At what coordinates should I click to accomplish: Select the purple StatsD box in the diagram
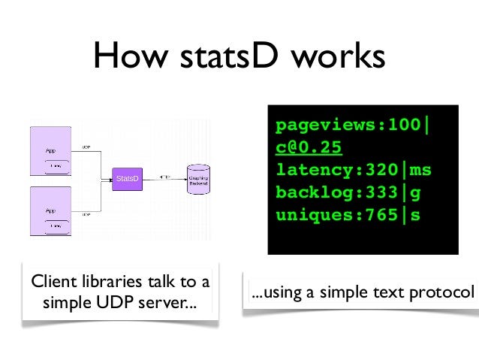pyautogui.click(x=127, y=178)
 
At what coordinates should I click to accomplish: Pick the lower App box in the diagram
pyautogui.click(x=50, y=213)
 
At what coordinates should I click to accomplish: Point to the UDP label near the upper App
pyautogui.click(x=86, y=148)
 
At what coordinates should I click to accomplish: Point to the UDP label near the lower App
pyautogui.click(x=86, y=214)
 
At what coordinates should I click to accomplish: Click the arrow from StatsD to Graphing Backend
pyautogui.click(x=164, y=178)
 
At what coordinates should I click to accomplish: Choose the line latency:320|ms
pyautogui.click(x=354, y=170)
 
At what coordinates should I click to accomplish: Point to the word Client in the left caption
pyautogui.click(x=50, y=283)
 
